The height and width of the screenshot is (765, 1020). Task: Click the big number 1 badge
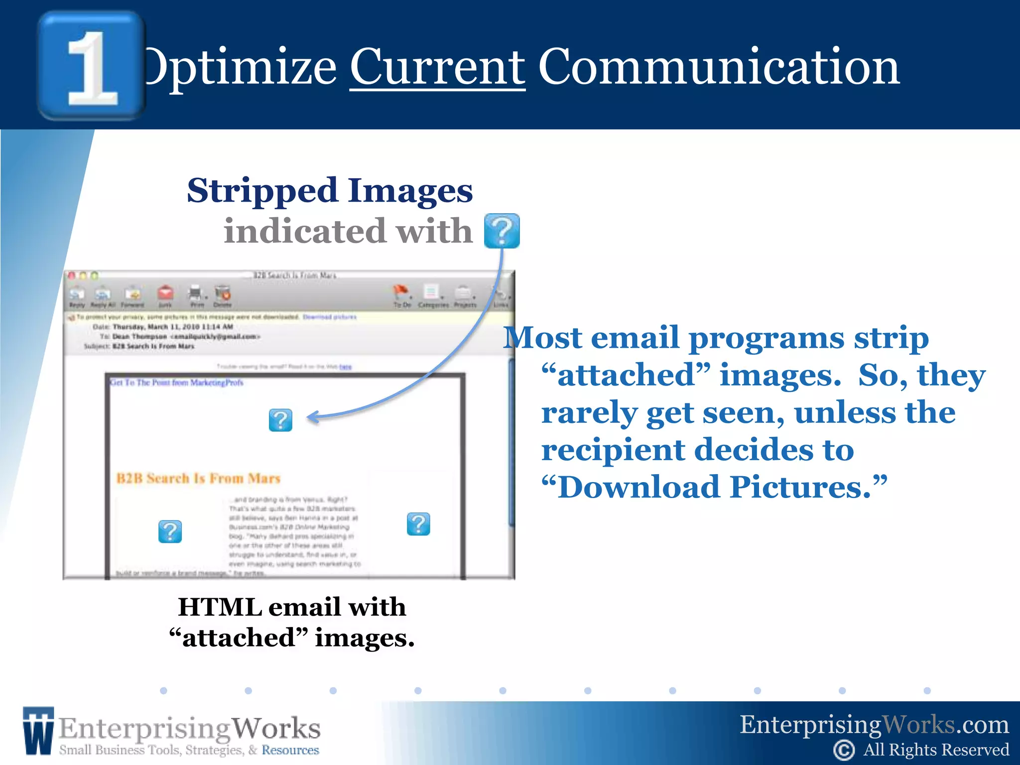[x=92, y=66]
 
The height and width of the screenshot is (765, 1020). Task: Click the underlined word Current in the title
[x=437, y=67]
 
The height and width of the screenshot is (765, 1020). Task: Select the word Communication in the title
[x=719, y=67]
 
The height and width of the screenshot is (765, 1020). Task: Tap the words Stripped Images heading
[x=330, y=191]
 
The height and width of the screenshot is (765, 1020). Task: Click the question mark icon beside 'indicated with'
[x=502, y=231]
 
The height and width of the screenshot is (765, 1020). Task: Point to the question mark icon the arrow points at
[x=280, y=420]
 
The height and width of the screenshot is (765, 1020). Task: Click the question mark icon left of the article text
[x=170, y=531]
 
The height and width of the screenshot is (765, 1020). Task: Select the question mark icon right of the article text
[x=418, y=524]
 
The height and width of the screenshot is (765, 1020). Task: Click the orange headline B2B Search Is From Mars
[x=198, y=479]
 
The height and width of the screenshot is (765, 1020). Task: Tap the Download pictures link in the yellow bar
[x=330, y=317]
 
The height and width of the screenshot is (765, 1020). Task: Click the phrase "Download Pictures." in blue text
[x=714, y=487]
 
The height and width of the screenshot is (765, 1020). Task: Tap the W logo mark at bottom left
[x=38, y=731]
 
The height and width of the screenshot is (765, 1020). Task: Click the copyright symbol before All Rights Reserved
[x=844, y=750]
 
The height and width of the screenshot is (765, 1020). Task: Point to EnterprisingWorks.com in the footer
[x=874, y=725]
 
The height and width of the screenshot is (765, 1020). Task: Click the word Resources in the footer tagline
[x=290, y=750]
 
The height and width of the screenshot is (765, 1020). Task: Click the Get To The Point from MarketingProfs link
[x=176, y=382]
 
